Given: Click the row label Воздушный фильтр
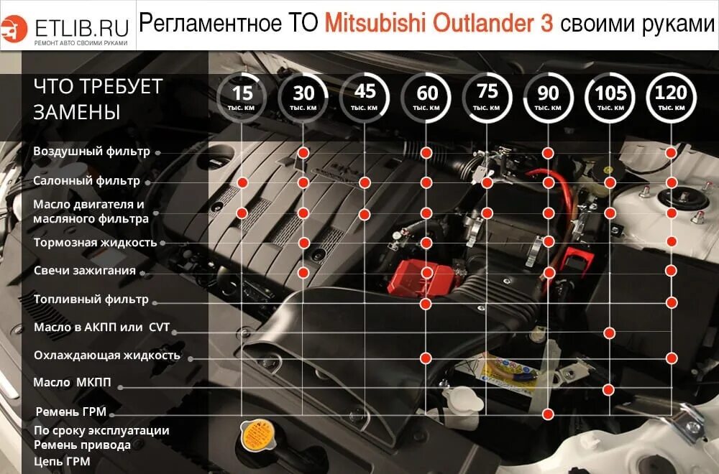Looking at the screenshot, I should coord(91,152).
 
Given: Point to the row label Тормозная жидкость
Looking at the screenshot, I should coord(95,242).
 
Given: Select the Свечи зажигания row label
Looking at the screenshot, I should coord(85,271).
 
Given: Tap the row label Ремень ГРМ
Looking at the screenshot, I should coord(71,412).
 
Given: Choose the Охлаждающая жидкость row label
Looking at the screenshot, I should coord(106,355).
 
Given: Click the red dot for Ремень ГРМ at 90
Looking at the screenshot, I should coord(549,414).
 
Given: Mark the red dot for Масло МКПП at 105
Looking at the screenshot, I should coord(609,389).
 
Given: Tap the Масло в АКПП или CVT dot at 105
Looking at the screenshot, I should coord(610,333).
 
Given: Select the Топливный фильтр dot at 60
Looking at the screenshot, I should coord(426,304).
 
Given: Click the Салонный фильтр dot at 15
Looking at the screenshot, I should coord(243,182).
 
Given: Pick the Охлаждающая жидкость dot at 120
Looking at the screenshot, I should coord(672,357).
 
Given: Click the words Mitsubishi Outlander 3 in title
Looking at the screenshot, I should coord(439,24).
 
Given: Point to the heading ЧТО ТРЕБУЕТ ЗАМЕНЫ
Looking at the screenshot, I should coord(98,99).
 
